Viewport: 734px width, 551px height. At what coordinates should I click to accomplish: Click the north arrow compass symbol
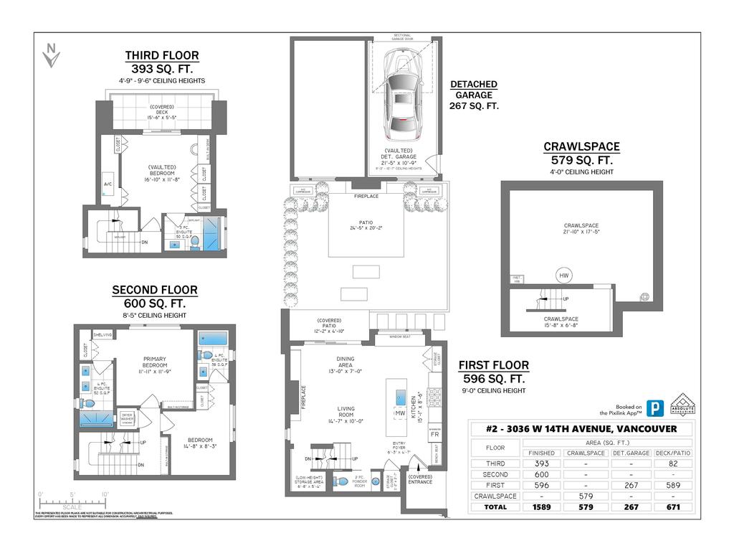50,56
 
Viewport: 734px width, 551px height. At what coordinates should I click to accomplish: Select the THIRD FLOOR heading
162,55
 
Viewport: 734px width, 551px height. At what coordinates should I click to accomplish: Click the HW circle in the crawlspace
563,274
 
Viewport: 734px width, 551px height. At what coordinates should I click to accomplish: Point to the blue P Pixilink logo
654,408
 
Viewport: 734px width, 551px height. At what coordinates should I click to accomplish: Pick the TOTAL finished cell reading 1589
541,507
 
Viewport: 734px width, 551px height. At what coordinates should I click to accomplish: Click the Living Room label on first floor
346,413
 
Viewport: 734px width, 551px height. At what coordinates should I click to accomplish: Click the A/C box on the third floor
108,183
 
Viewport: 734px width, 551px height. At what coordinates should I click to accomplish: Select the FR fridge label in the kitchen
434,435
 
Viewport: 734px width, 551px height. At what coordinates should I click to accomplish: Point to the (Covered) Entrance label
419,479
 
